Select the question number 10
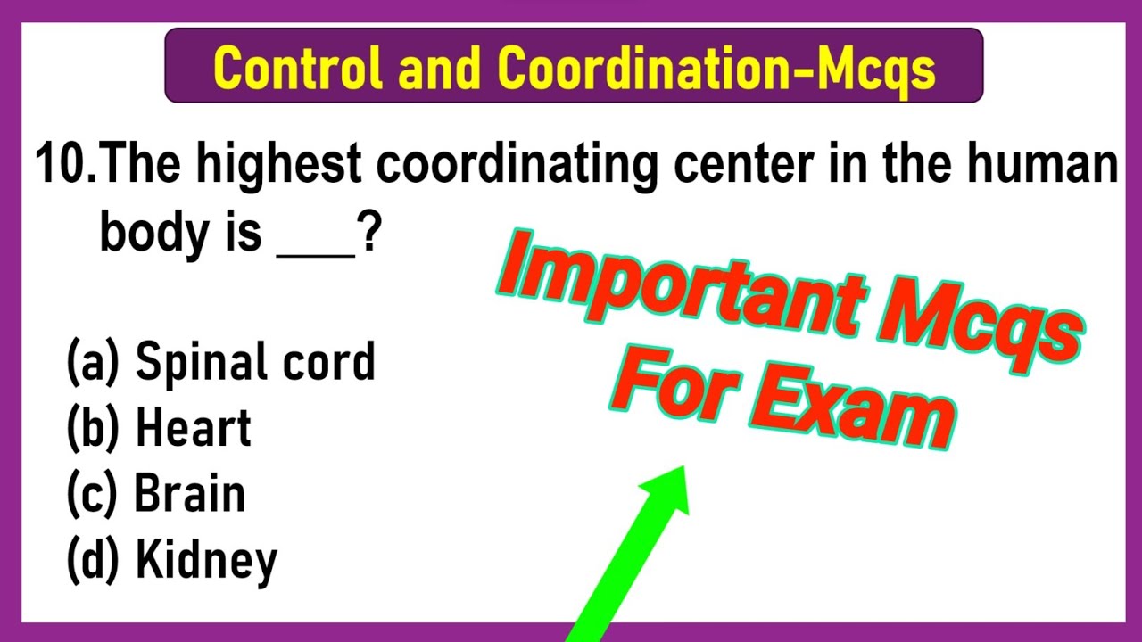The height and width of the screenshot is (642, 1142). point(68,167)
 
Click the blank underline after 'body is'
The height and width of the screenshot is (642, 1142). point(316,251)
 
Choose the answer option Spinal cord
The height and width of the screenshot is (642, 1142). point(254,363)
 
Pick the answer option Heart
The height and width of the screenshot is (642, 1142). point(193,428)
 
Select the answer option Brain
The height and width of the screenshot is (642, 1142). point(189,494)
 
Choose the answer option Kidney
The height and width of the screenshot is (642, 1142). point(206,561)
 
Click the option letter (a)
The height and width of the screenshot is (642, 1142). point(92,363)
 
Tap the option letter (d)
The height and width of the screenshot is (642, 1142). point(92,561)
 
